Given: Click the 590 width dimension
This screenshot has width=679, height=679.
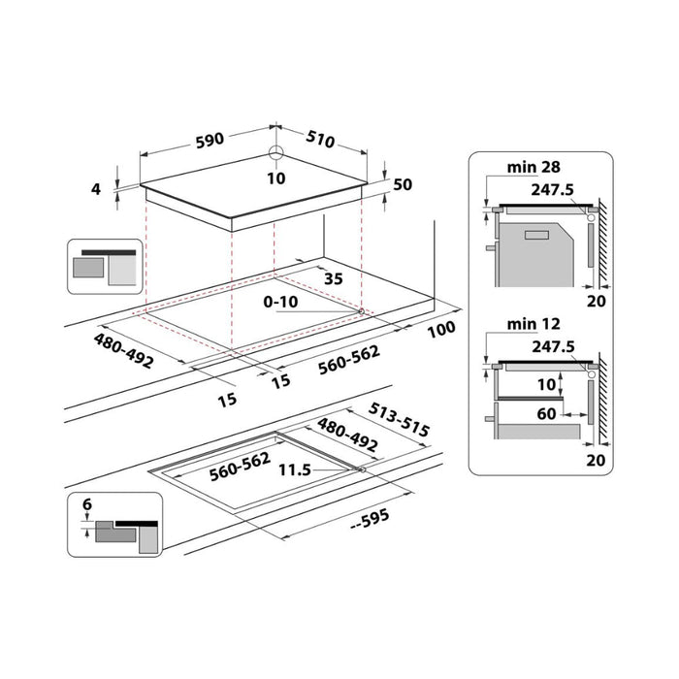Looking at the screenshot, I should (209, 139).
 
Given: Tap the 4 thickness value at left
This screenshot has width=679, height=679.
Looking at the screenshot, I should (96, 189).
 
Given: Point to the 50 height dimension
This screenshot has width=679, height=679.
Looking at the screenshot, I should (403, 184).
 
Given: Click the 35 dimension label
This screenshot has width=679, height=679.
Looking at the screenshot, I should (333, 278).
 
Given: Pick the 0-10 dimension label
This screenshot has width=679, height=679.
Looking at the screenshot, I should (280, 302).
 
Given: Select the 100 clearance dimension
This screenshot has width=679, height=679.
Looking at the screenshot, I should (440, 330).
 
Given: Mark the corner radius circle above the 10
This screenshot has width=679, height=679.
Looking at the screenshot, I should (276, 153).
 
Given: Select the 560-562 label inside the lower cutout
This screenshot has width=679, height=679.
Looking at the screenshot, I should (240, 465).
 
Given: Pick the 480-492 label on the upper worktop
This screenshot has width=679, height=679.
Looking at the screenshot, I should (124, 351).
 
